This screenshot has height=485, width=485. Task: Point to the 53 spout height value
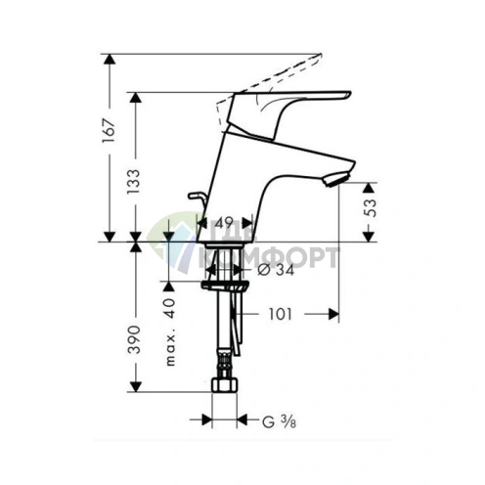(370, 209)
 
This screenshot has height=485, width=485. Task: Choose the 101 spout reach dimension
(281, 316)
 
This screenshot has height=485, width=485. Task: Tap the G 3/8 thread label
(277, 421)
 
